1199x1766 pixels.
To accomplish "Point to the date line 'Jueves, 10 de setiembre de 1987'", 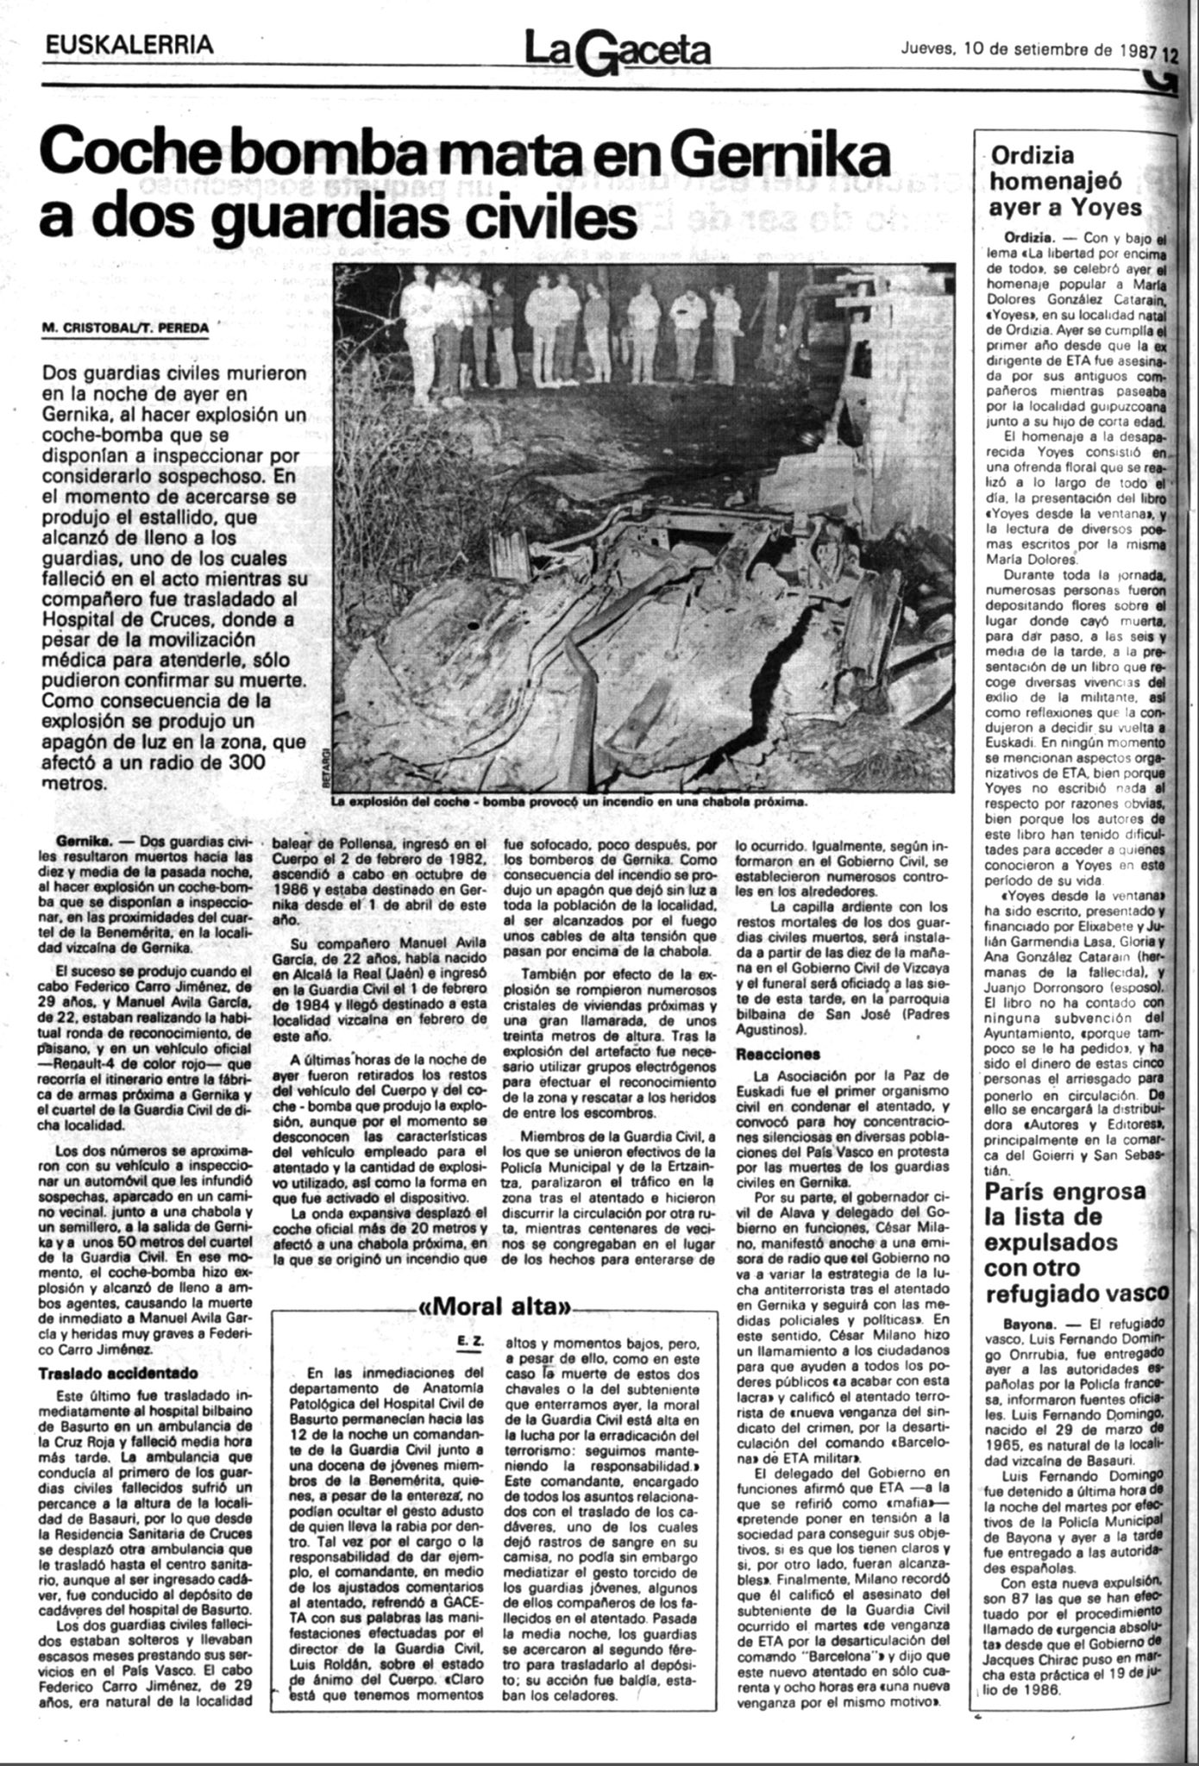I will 1027,49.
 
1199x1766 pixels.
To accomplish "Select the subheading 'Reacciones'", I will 777,1054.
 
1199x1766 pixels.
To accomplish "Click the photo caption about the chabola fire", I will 570,801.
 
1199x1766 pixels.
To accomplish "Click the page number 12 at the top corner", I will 1169,52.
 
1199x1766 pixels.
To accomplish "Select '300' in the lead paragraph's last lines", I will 235,761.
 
